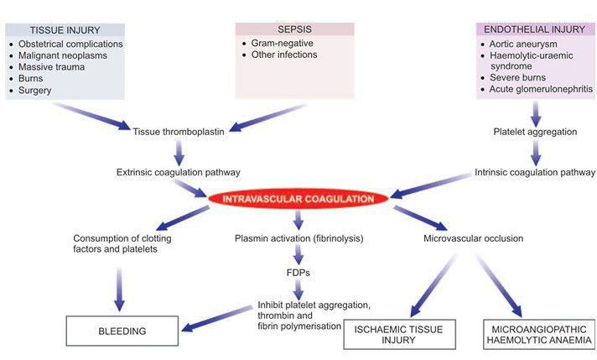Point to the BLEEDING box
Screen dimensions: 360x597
pos(122,331)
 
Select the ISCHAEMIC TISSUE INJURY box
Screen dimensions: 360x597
pos(400,333)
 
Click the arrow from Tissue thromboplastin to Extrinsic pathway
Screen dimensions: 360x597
pos(179,151)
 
